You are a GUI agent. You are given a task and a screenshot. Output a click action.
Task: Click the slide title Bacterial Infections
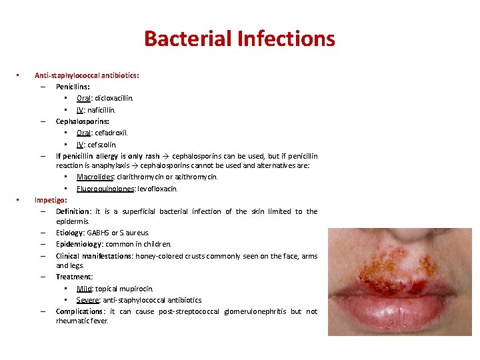pos(239,38)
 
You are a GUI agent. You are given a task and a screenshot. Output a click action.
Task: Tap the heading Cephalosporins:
pos(83,121)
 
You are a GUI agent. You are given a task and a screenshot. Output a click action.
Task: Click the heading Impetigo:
pos(51,199)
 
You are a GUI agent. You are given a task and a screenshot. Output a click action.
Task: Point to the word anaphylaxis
pos(118,165)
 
